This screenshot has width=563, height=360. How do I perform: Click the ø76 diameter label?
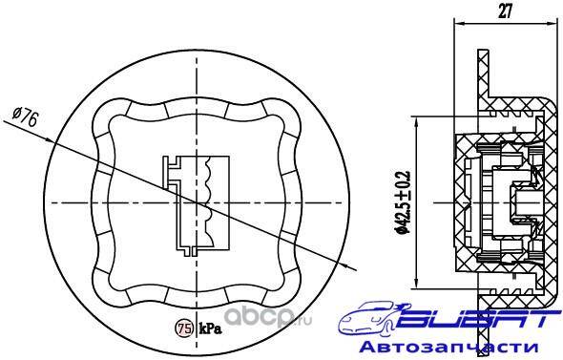tap(25, 116)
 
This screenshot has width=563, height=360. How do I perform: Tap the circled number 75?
tap(183, 328)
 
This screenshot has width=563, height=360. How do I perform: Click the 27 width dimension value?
tap(505, 11)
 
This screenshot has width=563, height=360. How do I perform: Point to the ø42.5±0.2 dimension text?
tap(402, 202)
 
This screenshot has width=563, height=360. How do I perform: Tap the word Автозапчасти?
tap(448, 348)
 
